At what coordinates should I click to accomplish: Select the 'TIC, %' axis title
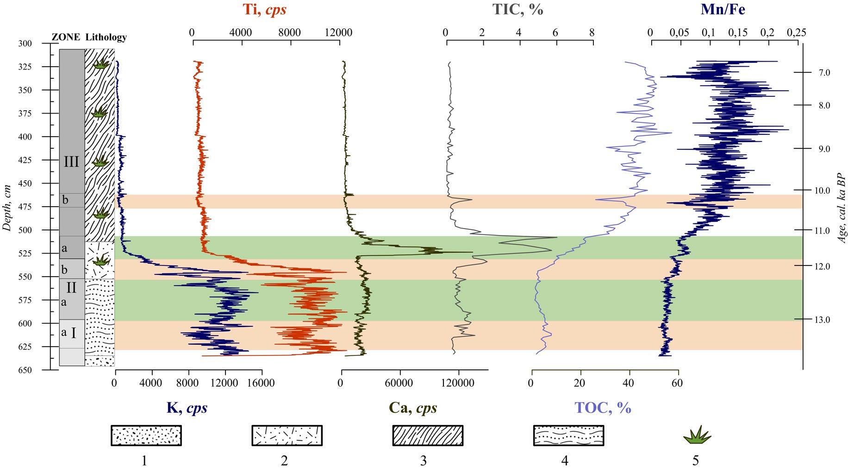tap(517, 10)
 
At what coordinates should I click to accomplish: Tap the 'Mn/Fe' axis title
tap(723, 10)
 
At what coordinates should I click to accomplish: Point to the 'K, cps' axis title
tap(187, 408)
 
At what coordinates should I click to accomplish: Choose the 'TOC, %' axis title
tap(603, 408)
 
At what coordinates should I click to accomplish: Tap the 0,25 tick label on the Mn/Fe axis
tap(796, 33)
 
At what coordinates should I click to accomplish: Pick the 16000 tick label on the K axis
tap(261, 383)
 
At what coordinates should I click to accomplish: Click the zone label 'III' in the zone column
tap(71, 162)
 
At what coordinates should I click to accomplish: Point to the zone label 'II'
tap(71, 288)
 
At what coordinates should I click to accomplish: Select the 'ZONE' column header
tap(66, 38)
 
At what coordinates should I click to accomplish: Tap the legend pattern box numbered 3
tap(428, 435)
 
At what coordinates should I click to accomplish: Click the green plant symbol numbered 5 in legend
tap(697, 435)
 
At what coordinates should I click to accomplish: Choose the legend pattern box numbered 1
tap(146, 435)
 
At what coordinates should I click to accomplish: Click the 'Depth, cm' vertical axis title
tap(6, 207)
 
